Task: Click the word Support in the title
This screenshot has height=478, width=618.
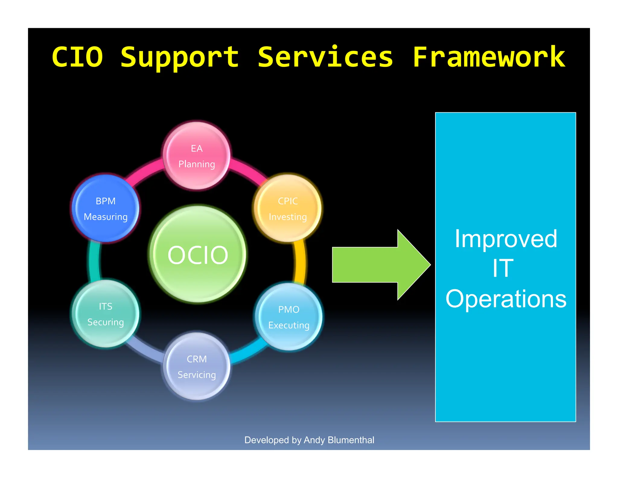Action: pyautogui.click(x=180, y=57)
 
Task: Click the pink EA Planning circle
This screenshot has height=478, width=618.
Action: pyautogui.click(x=197, y=156)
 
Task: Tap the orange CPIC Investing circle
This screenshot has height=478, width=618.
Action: pyautogui.click(x=288, y=208)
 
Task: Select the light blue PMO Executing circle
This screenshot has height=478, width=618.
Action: pyautogui.click(x=289, y=317)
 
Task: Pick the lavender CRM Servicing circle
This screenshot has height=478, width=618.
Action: pyautogui.click(x=197, y=367)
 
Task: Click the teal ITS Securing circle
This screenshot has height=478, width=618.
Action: pyautogui.click(x=106, y=314)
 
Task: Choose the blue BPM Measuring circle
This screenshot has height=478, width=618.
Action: pyautogui.click(x=106, y=208)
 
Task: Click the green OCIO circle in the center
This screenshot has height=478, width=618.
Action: pyautogui.click(x=198, y=255)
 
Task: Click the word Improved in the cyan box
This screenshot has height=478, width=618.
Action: pyautogui.click(x=506, y=239)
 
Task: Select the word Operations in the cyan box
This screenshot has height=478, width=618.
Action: pyautogui.click(x=506, y=299)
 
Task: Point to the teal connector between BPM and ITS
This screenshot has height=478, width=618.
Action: pyautogui.click(x=93, y=260)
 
